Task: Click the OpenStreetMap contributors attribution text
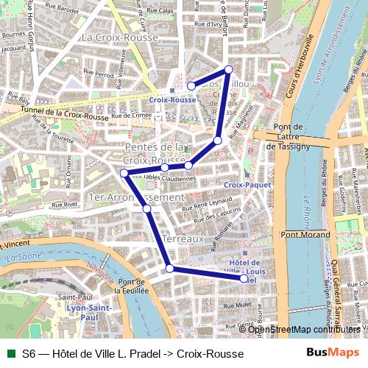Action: [304, 329]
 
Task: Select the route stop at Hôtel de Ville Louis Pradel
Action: [244, 279]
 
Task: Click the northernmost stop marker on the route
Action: [228, 69]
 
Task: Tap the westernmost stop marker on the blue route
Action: [124, 173]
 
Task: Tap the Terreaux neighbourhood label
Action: [183, 240]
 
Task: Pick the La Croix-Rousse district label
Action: [118, 37]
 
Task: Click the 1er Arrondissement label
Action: [135, 198]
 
